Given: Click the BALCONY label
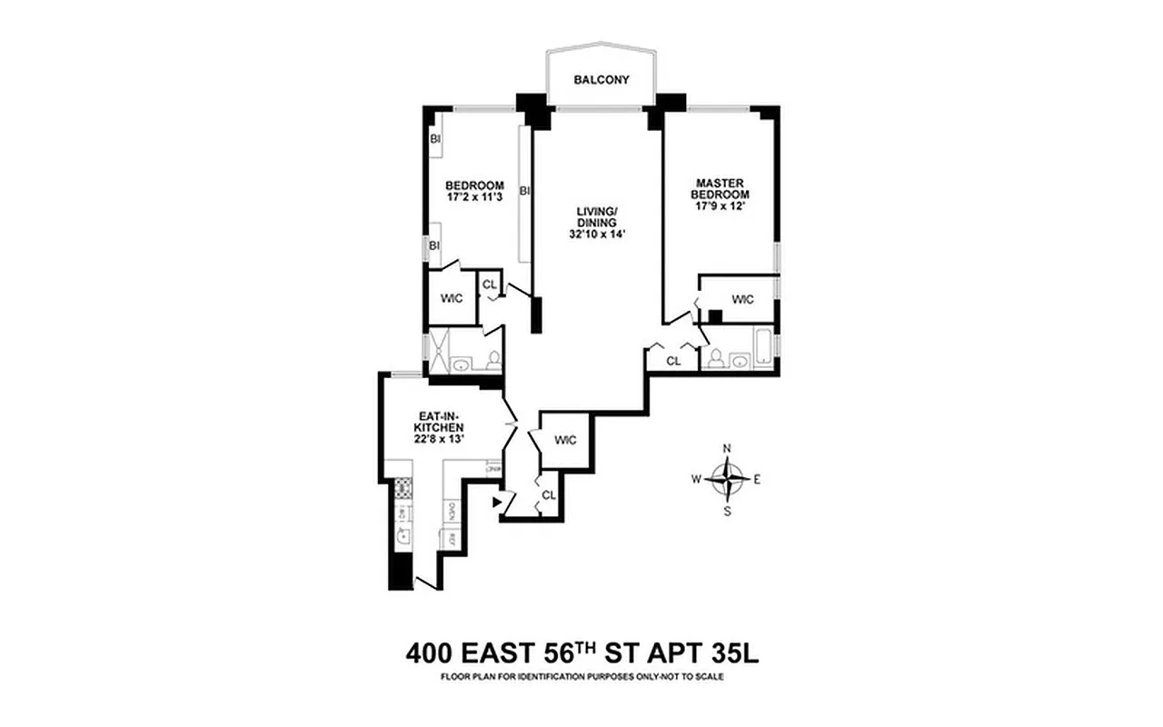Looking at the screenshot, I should pyautogui.click(x=601, y=80).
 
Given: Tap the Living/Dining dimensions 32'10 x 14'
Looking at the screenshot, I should pyautogui.click(x=596, y=234).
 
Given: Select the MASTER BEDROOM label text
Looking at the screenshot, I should pyautogui.click(x=720, y=188).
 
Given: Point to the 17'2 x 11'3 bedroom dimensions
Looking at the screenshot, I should pyautogui.click(x=474, y=196).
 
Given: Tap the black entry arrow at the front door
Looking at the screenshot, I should pyautogui.click(x=496, y=501).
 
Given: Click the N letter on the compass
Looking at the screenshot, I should pyautogui.click(x=727, y=448).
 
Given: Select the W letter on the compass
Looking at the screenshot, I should pyautogui.click(x=696, y=478).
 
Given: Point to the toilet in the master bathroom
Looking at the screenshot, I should pyautogui.click(x=715, y=357).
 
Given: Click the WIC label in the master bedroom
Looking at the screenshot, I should pyautogui.click(x=743, y=298).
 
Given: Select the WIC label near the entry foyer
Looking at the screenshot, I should pyautogui.click(x=565, y=441).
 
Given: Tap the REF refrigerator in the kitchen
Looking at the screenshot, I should pyautogui.click(x=449, y=539).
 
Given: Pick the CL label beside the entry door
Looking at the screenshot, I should pyautogui.click(x=548, y=495).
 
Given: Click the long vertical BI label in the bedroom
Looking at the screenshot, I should pyautogui.click(x=524, y=191).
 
